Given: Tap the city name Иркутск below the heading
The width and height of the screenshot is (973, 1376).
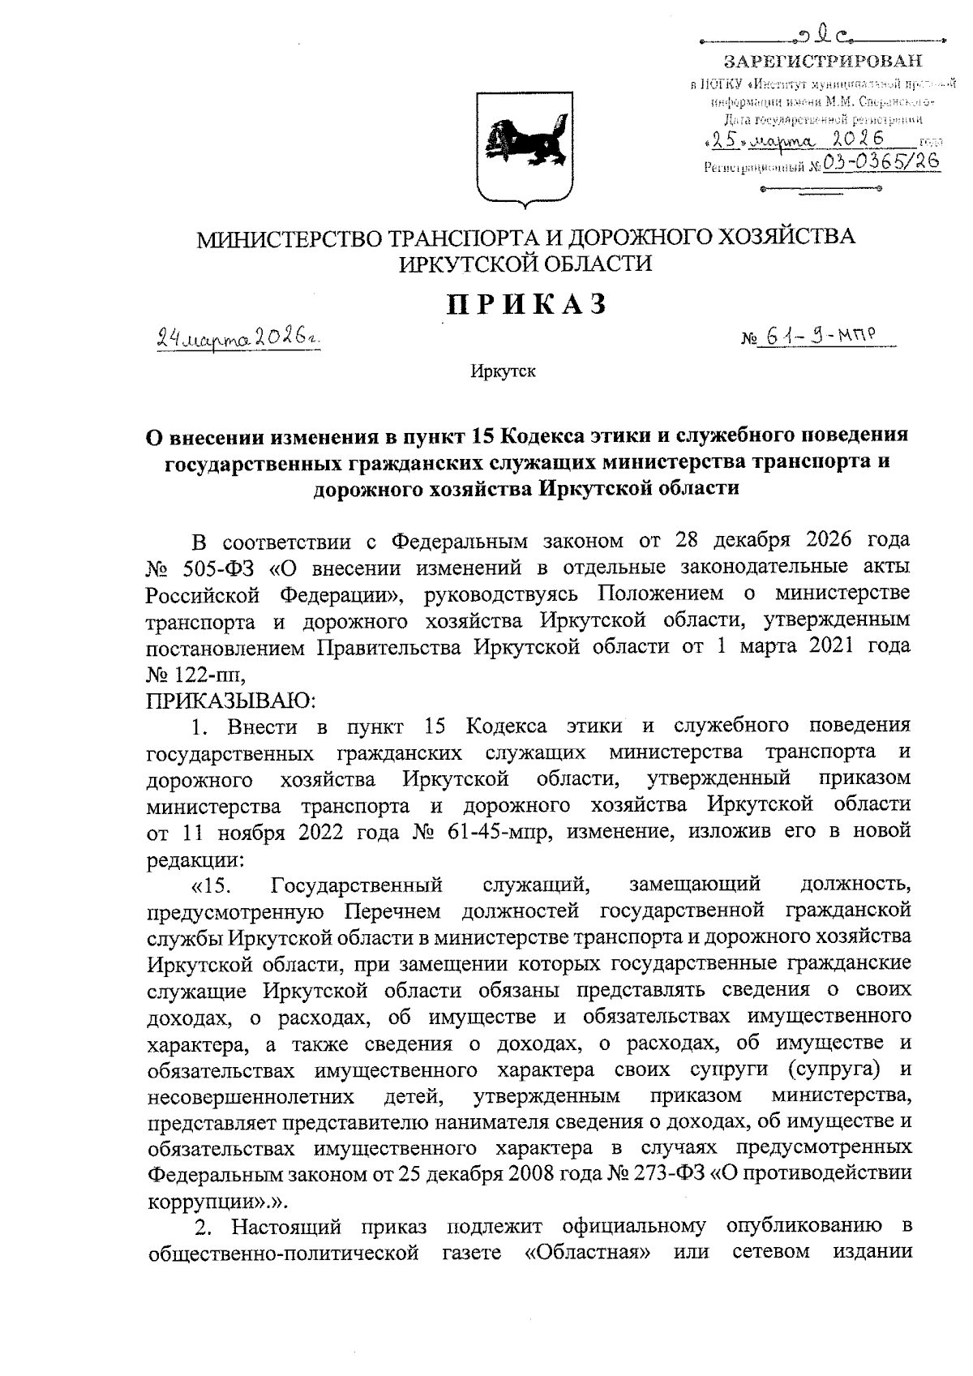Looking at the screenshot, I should (503, 372).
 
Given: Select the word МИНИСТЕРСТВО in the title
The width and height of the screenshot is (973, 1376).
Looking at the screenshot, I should (290, 238).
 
